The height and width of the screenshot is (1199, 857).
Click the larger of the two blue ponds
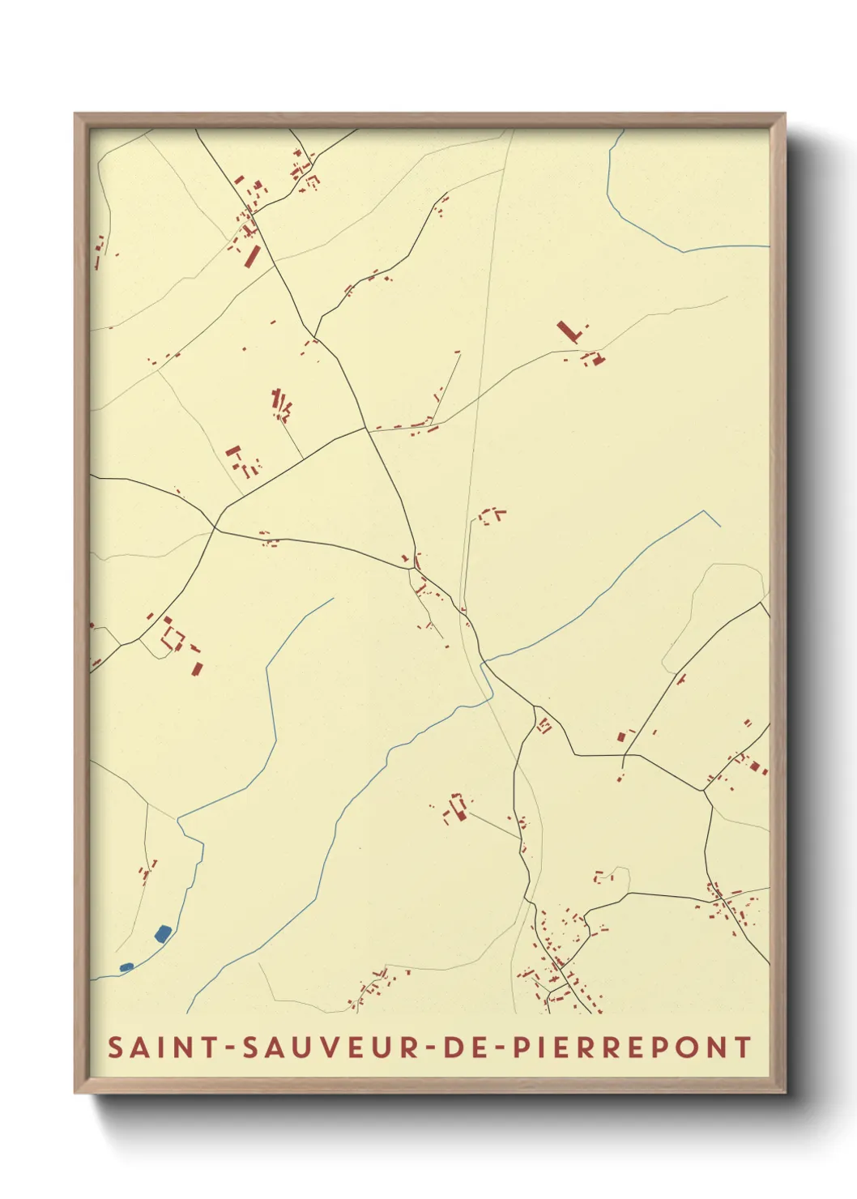pos(163,933)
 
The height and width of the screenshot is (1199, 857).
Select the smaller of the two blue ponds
pos(126,966)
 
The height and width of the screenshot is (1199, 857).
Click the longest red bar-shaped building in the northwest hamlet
pos(251,256)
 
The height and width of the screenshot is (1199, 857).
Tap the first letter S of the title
pos(115,1047)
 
